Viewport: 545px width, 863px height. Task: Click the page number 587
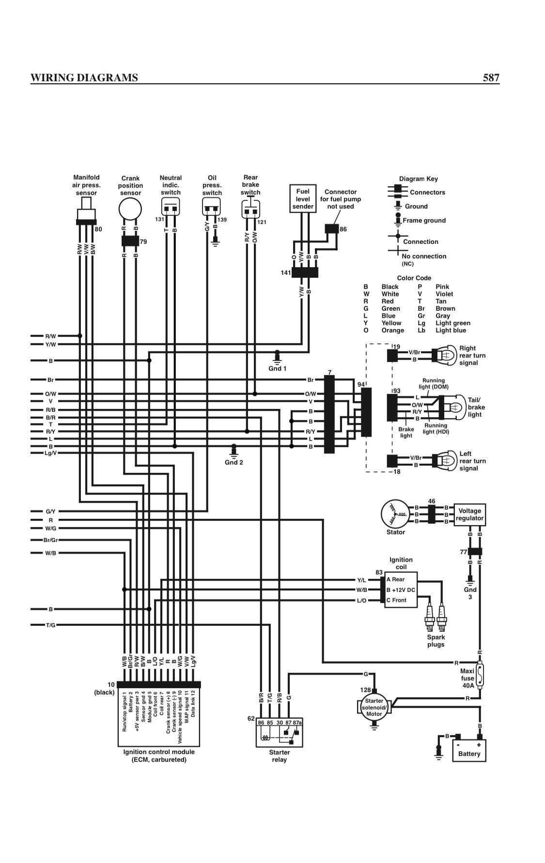pyautogui.click(x=491, y=77)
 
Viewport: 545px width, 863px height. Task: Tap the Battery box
pyautogui.click(x=469, y=751)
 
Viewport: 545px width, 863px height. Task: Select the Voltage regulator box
pyautogui.click(x=469, y=515)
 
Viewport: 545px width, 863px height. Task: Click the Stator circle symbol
pyautogui.click(x=395, y=514)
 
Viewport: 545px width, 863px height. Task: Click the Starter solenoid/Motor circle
pyautogui.click(x=374, y=707)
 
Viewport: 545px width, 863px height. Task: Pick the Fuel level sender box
pyautogui.click(x=303, y=198)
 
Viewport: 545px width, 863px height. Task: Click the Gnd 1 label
pyautogui.click(x=278, y=368)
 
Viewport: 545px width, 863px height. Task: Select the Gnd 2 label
pyautogui.click(x=234, y=462)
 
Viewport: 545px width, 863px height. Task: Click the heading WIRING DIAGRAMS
pyautogui.click(x=84, y=77)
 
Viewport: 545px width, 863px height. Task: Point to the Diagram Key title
pyautogui.click(x=419, y=179)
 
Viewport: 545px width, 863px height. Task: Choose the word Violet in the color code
pyautogui.click(x=444, y=294)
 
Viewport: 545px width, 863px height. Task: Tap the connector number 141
pyautogui.click(x=286, y=273)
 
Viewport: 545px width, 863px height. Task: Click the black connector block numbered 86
pyautogui.click(x=332, y=228)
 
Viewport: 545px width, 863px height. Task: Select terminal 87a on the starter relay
pyautogui.click(x=297, y=723)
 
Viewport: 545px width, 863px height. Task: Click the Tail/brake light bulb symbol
pyautogui.click(x=453, y=407)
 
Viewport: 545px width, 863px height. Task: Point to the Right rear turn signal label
pyautogui.click(x=472, y=355)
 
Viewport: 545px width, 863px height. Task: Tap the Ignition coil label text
pyautogui.click(x=401, y=563)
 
